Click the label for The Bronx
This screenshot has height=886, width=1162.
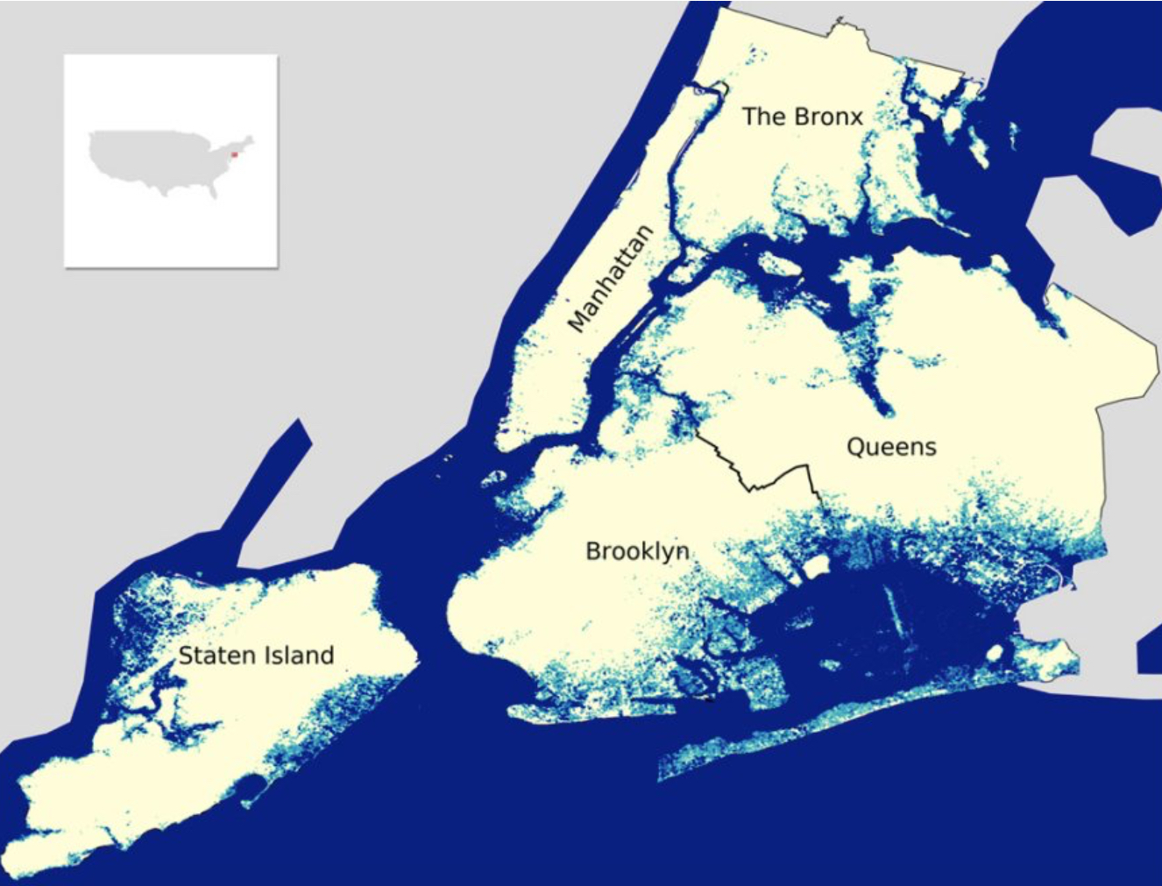pos(802,117)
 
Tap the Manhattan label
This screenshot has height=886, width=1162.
pos(611,279)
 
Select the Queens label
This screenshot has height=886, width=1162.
pos(891,447)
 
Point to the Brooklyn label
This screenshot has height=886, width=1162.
pos(637,551)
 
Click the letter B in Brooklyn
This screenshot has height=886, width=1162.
pos(593,551)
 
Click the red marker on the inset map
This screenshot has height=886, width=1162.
pos(235,155)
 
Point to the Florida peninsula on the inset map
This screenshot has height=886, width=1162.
pos(212,190)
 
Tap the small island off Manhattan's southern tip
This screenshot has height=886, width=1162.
pos(494,478)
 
